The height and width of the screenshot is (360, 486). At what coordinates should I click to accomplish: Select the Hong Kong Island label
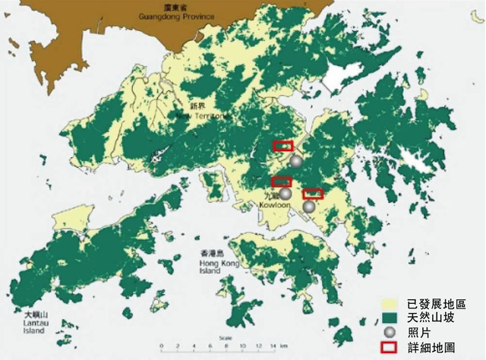point(219,262)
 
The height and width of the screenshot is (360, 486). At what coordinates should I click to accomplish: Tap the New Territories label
point(200,115)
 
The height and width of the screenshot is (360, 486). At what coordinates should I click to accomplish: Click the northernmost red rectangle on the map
point(283,146)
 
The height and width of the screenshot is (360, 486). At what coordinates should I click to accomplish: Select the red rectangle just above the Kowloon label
point(282,182)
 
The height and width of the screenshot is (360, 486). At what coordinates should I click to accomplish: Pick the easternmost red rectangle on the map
point(313,194)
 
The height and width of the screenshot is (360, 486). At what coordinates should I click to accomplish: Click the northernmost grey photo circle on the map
point(295,161)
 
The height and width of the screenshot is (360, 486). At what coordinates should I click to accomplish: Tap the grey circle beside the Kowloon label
point(285,194)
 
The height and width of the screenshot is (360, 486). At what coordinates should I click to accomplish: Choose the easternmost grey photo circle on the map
point(309,207)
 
